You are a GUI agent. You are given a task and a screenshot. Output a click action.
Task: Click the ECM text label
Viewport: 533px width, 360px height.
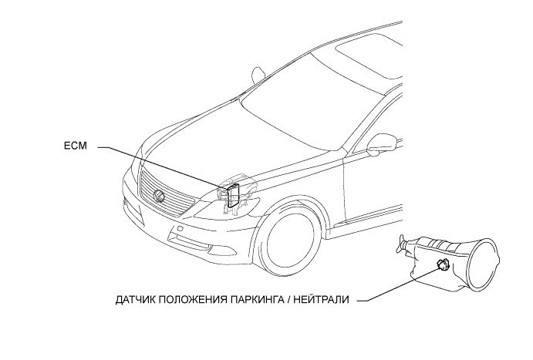point(75,144)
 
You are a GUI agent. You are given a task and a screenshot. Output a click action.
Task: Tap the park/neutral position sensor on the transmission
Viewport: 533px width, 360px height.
point(442,265)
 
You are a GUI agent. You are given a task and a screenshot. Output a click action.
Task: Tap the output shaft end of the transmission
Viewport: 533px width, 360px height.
point(400,245)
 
